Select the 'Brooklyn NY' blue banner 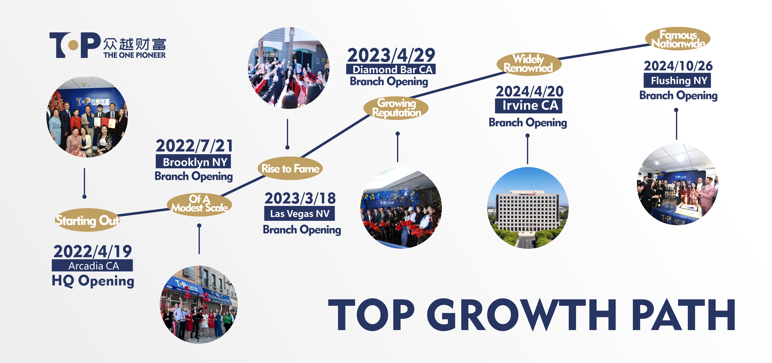193,162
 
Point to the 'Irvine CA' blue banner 529,106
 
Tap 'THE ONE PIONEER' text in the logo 135,55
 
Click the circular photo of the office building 528,208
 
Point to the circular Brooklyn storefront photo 199,304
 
